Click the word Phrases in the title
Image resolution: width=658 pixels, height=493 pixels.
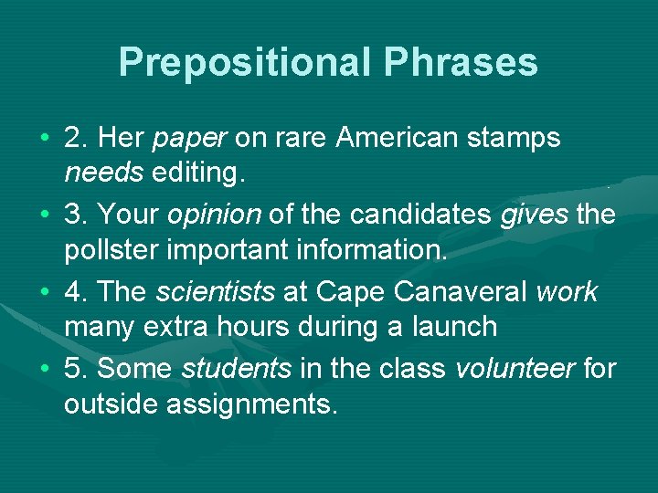[461, 62]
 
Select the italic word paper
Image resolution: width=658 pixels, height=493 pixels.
[190, 139]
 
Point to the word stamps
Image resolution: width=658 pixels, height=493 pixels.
[518, 139]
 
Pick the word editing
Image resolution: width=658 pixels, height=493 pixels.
[196, 173]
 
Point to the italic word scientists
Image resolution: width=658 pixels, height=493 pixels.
[215, 292]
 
